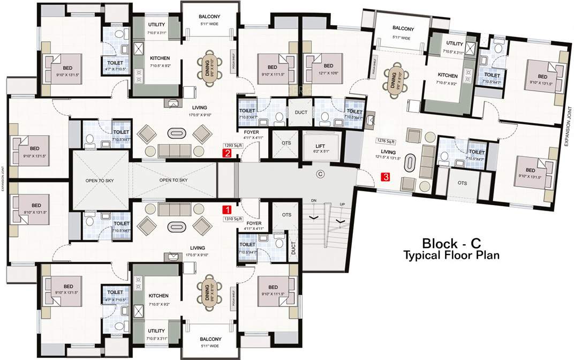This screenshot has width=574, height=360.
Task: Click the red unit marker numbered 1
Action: (x=227, y=210)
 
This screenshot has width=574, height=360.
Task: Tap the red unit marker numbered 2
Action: (x=227, y=153)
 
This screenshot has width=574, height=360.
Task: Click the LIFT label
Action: (x=320, y=146)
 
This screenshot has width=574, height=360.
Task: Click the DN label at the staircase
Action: (x=314, y=200)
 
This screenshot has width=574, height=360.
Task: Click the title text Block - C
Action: (x=448, y=242)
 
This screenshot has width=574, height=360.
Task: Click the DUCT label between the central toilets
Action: (x=300, y=113)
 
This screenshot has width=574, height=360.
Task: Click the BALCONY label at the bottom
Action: (x=210, y=339)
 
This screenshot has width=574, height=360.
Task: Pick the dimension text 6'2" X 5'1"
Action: (x=320, y=152)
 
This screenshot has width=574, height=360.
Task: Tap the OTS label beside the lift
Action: (x=286, y=144)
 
